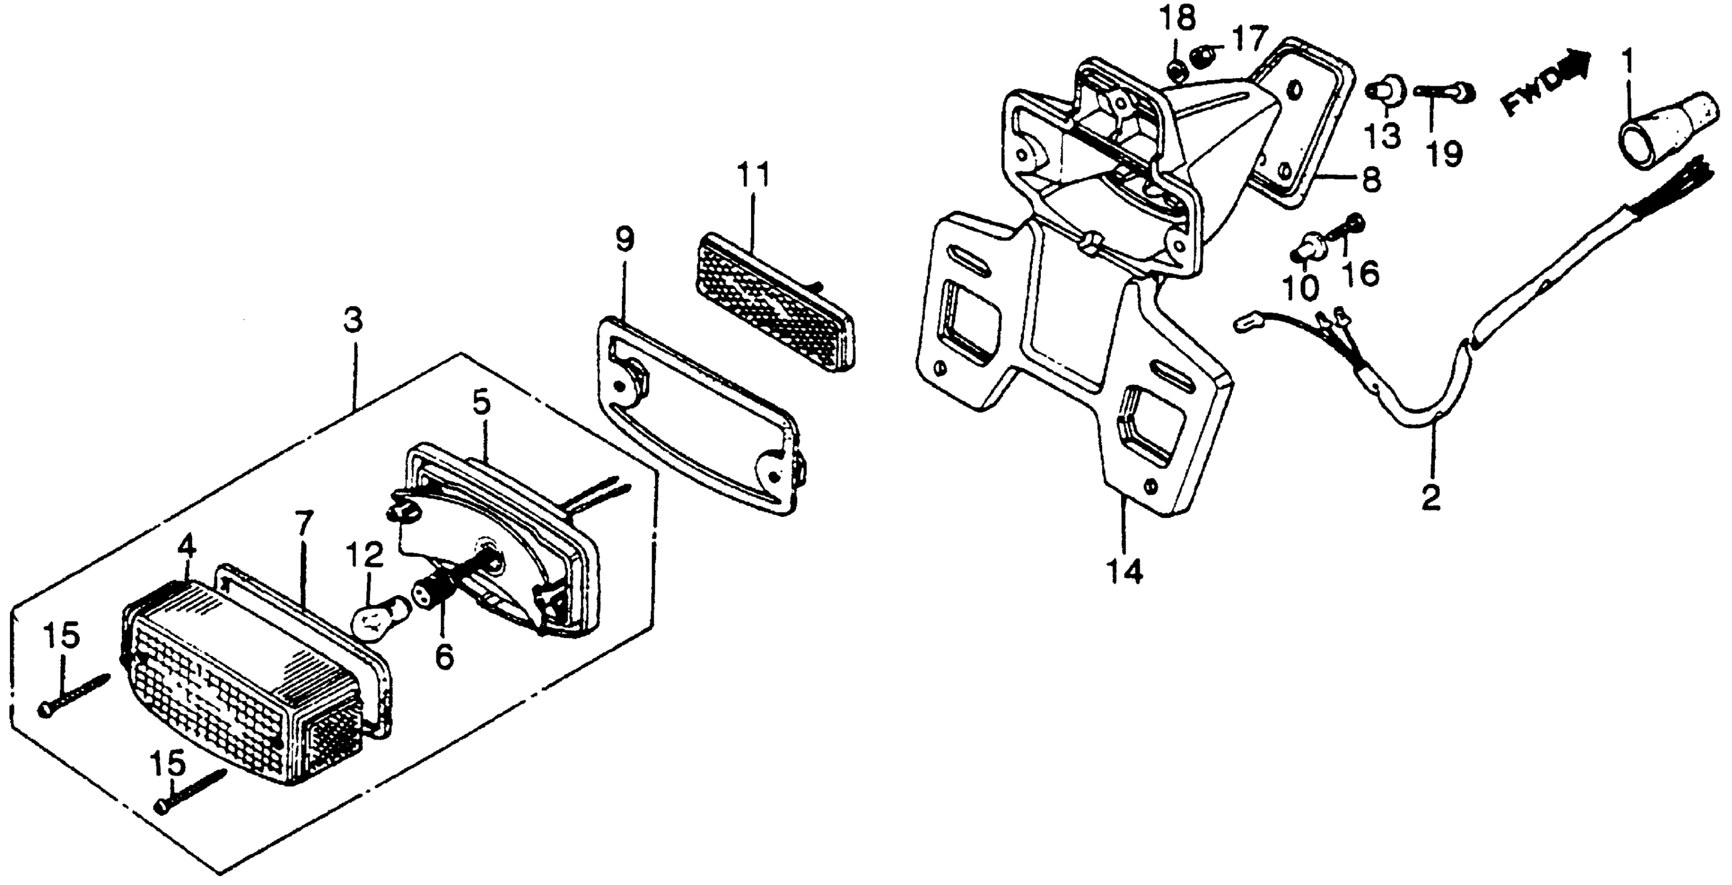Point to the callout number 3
point(352,321)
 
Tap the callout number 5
point(481,402)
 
